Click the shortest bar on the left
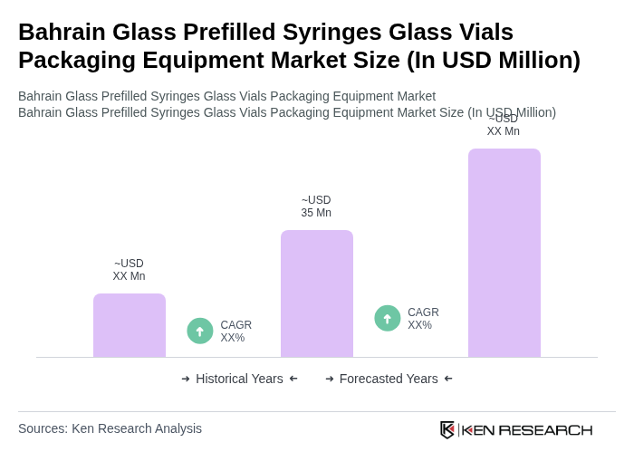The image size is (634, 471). (130, 325)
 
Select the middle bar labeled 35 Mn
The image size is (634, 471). (317, 293)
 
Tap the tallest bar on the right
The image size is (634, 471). (504, 253)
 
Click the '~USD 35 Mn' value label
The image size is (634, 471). (316, 207)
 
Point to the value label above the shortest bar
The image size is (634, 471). (129, 270)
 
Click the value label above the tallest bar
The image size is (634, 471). (504, 125)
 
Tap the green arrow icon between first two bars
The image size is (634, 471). (200, 331)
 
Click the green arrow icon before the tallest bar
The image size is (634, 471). (388, 318)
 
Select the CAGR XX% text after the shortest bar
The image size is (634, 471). (236, 332)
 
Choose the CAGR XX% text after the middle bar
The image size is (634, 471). (423, 319)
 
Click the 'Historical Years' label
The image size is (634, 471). (239, 379)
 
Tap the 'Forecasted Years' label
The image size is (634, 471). (389, 379)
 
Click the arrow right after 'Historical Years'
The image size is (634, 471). (293, 379)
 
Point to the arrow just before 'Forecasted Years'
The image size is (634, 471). (330, 379)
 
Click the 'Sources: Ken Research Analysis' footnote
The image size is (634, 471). (110, 428)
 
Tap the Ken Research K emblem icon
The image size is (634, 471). (447, 429)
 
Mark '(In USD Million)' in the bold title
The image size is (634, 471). (493, 60)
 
